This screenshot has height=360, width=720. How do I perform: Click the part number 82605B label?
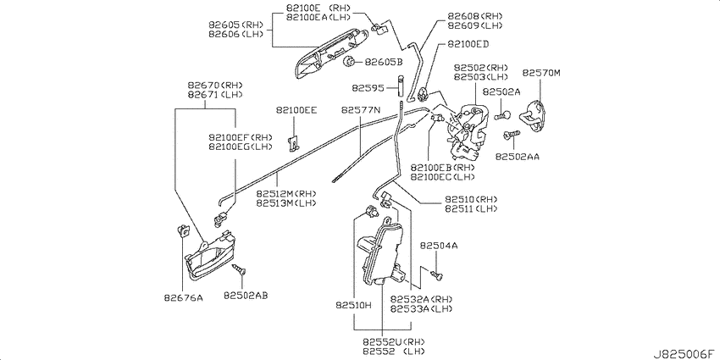384,62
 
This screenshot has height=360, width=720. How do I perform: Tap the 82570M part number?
541,73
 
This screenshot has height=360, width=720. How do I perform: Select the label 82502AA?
517,157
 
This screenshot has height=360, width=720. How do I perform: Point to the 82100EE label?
296,110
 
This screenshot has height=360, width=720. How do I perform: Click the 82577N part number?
361,110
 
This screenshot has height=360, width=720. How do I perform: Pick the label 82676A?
183,297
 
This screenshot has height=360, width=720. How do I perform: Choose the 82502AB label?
246,296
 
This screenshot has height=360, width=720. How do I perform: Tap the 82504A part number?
439,246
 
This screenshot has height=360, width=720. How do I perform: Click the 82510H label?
353,305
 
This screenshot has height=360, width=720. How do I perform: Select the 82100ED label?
468,44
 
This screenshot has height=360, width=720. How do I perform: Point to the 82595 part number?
368,87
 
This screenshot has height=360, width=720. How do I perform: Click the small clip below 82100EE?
294,143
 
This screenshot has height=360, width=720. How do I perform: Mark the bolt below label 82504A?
436,274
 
